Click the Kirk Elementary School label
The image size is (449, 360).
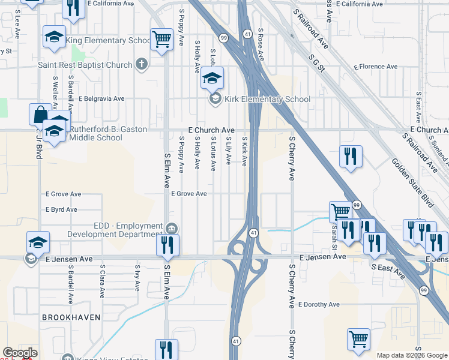(x=268, y=99)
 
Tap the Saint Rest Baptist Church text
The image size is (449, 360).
(x=85, y=65)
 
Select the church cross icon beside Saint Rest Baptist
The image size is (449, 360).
(x=142, y=64)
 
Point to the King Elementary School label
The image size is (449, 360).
(x=108, y=41)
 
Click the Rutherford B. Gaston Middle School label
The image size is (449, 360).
(x=96, y=133)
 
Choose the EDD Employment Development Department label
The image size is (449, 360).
(x=115, y=230)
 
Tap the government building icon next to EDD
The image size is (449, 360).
(x=172, y=228)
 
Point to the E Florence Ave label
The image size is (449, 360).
(x=376, y=67)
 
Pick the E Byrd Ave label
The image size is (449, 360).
(x=62, y=209)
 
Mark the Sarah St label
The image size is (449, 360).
(x=334, y=235)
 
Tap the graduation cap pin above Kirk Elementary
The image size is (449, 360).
(x=212, y=78)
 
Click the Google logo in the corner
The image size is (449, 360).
(x=20, y=353)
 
